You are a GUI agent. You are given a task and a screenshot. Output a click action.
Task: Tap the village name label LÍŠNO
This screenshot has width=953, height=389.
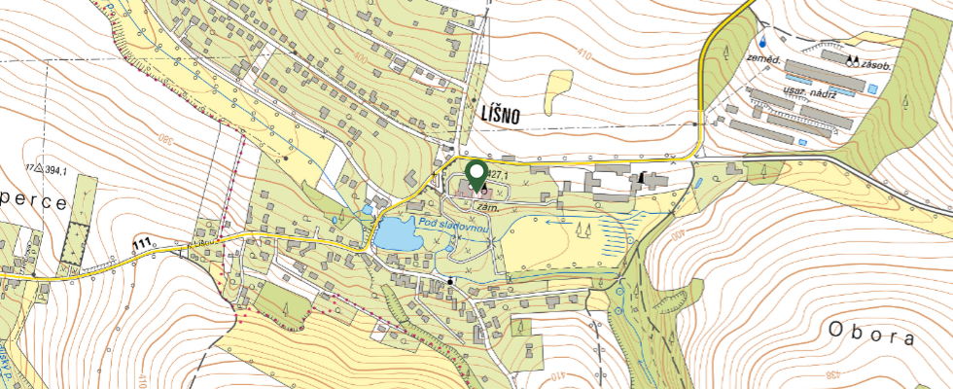[x=501, y=115]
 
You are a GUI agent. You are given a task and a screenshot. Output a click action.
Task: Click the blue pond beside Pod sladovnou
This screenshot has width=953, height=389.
[x=397, y=234]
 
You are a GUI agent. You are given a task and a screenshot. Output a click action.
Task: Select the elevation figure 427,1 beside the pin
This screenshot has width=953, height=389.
[x=499, y=174]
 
